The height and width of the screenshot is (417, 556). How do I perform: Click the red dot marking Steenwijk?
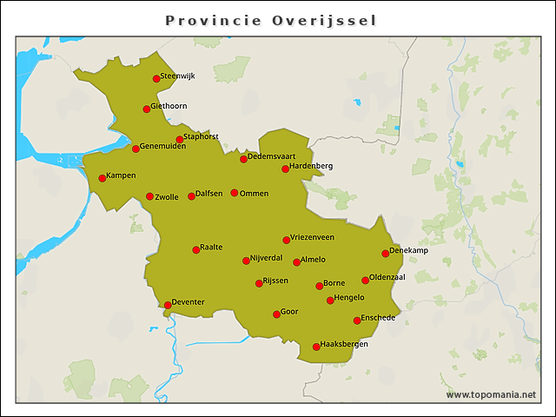(x=156, y=79)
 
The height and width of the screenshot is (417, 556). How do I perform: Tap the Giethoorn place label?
(x=170, y=107)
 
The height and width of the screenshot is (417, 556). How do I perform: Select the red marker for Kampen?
(x=103, y=178)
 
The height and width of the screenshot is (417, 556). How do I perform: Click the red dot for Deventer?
(x=168, y=305)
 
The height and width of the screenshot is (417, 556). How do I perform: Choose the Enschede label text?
(x=378, y=318)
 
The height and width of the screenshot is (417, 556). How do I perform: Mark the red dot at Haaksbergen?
(x=316, y=347)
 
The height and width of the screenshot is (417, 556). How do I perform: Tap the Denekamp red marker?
(x=386, y=254)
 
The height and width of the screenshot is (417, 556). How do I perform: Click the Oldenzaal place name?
(x=387, y=277)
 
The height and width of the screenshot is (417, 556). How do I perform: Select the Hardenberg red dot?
(x=285, y=169)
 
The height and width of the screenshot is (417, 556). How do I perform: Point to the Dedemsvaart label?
(x=272, y=156)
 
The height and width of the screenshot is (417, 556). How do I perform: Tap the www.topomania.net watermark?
(x=491, y=395)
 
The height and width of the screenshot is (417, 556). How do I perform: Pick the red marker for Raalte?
(x=196, y=250)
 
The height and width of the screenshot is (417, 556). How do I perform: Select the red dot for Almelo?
(x=297, y=262)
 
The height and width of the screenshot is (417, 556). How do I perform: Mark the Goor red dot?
(x=276, y=314)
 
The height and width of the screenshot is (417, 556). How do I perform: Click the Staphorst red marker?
(x=180, y=140)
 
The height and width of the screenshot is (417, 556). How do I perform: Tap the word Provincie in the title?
(x=219, y=20)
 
